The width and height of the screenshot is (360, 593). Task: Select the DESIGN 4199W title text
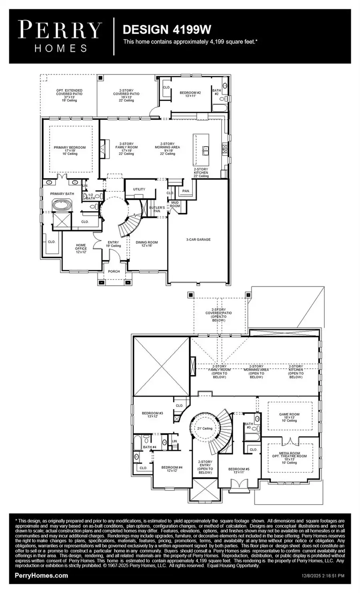(x=166, y=30)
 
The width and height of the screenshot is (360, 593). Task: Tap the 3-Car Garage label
(x=198, y=240)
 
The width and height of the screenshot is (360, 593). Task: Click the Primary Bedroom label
(x=70, y=149)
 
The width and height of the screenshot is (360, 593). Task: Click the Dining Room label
(x=147, y=244)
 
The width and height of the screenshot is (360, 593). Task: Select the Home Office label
(x=81, y=248)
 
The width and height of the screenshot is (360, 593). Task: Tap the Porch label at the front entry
(x=114, y=271)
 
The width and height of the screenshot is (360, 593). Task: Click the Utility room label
(x=139, y=189)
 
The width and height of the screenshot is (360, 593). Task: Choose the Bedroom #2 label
(x=190, y=94)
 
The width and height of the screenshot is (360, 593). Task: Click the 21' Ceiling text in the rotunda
(x=204, y=428)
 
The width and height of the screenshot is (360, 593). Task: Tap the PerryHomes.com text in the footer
(x=41, y=575)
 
